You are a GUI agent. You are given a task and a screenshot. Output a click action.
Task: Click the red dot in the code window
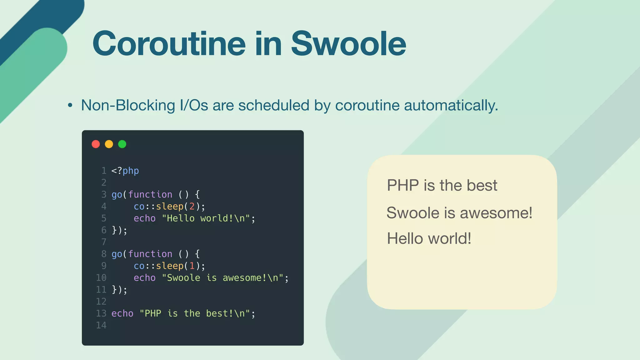tap(96, 144)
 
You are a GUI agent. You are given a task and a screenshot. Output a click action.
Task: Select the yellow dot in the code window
tap(109, 144)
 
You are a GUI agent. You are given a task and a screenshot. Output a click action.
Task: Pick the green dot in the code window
tap(122, 144)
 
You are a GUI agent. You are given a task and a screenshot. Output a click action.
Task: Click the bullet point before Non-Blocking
tap(70, 106)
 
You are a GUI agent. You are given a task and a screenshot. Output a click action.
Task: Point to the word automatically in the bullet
tap(451, 105)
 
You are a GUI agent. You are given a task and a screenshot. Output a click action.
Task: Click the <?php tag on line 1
tap(125, 171)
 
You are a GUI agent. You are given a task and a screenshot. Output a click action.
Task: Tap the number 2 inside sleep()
tap(192, 207)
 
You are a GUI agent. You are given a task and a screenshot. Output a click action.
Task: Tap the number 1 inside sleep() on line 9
tap(192, 266)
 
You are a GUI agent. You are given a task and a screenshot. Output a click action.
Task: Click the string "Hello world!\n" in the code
tap(206, 218)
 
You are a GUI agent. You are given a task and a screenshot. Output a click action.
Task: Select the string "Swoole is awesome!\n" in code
tap(222, 278)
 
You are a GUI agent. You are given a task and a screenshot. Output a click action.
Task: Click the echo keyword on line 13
tap(122, 313)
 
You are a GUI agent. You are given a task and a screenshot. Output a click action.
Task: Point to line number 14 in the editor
tap(101, 325)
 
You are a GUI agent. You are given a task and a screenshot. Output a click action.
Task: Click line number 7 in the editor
tap(104, 242)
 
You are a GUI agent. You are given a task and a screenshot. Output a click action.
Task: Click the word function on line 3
tap(150, 195)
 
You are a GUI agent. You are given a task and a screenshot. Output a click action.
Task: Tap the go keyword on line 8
tap(117, 254)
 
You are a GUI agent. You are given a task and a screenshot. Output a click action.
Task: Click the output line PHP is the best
tap(442, 186)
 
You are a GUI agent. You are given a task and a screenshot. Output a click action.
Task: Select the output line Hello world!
tap(429, 239)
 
